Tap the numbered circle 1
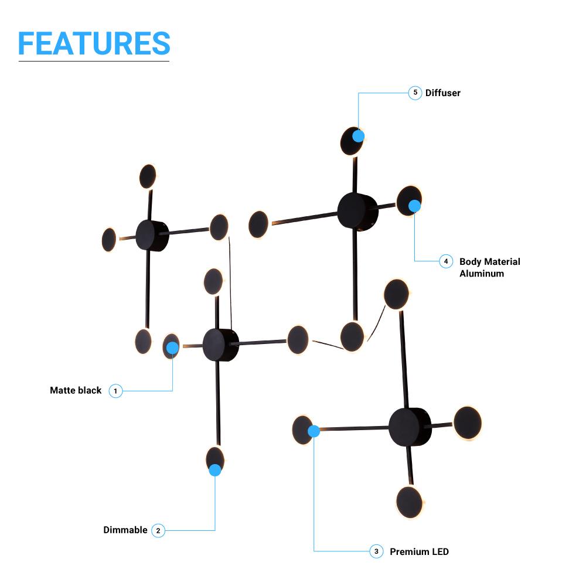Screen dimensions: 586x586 (x=115, y=390)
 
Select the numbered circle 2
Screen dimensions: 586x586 (x=158, y=530)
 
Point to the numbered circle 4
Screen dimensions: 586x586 (x=446, y=261)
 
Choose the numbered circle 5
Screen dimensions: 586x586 (x=415, y=93)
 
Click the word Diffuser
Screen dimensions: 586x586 (x=443, y=93)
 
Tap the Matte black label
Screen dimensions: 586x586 (x=76, y=390)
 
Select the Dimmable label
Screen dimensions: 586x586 (x=125, y=530)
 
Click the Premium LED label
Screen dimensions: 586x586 (x=419, y=551)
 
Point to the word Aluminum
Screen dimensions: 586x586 (x=482, y=274)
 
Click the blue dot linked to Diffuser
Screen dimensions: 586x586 (x=359, y=136)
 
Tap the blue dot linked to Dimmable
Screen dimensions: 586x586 (x=215, y=469)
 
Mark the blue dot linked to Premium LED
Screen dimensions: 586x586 (x=314, y=431)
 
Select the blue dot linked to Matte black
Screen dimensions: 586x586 (x=172, y=349)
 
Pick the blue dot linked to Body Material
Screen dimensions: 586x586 (x=414, y=206)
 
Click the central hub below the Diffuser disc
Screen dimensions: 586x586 (x=357, y=212)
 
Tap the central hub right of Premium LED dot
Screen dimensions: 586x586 (x=409, y=427)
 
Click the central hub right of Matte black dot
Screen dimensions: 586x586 (x=220, y=345)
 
